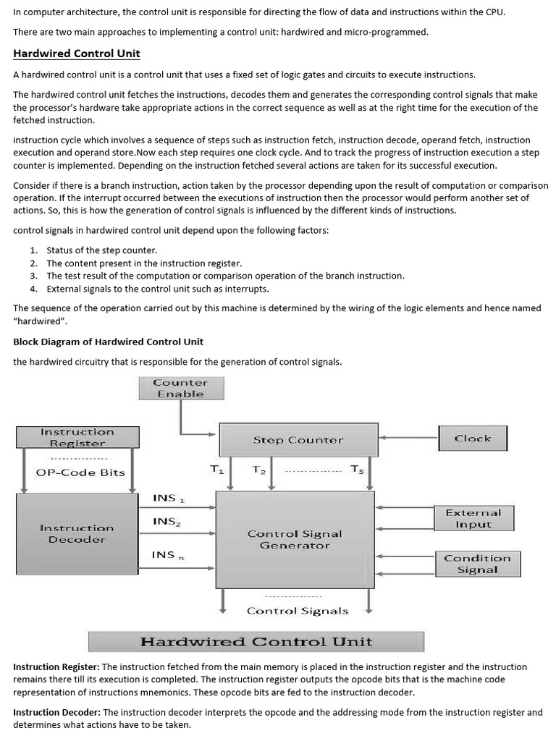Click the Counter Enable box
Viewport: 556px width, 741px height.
(181, 389)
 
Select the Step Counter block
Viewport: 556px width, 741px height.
(298, 440)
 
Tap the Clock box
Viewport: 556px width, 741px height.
(473, 439)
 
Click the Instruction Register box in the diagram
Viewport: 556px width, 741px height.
(77, 437)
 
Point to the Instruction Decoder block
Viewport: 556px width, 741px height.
(77, 534)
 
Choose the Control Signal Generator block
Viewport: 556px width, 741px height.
(295, 539)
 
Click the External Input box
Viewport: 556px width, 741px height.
(473, 518)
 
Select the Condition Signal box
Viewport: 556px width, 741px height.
(477, 564)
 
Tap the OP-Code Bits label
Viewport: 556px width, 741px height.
(80, 473)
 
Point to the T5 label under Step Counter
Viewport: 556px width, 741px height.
(358, 470)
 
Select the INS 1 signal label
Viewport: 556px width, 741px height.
(168, 499)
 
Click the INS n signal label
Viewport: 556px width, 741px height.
(167, 555)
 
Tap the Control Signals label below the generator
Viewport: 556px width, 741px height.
(298, 611)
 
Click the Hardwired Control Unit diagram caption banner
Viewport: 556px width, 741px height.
(256, 642)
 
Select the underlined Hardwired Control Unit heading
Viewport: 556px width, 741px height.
(77, 54)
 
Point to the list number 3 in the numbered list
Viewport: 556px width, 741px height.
(33, 276)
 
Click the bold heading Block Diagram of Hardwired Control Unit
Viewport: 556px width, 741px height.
(109, 342)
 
